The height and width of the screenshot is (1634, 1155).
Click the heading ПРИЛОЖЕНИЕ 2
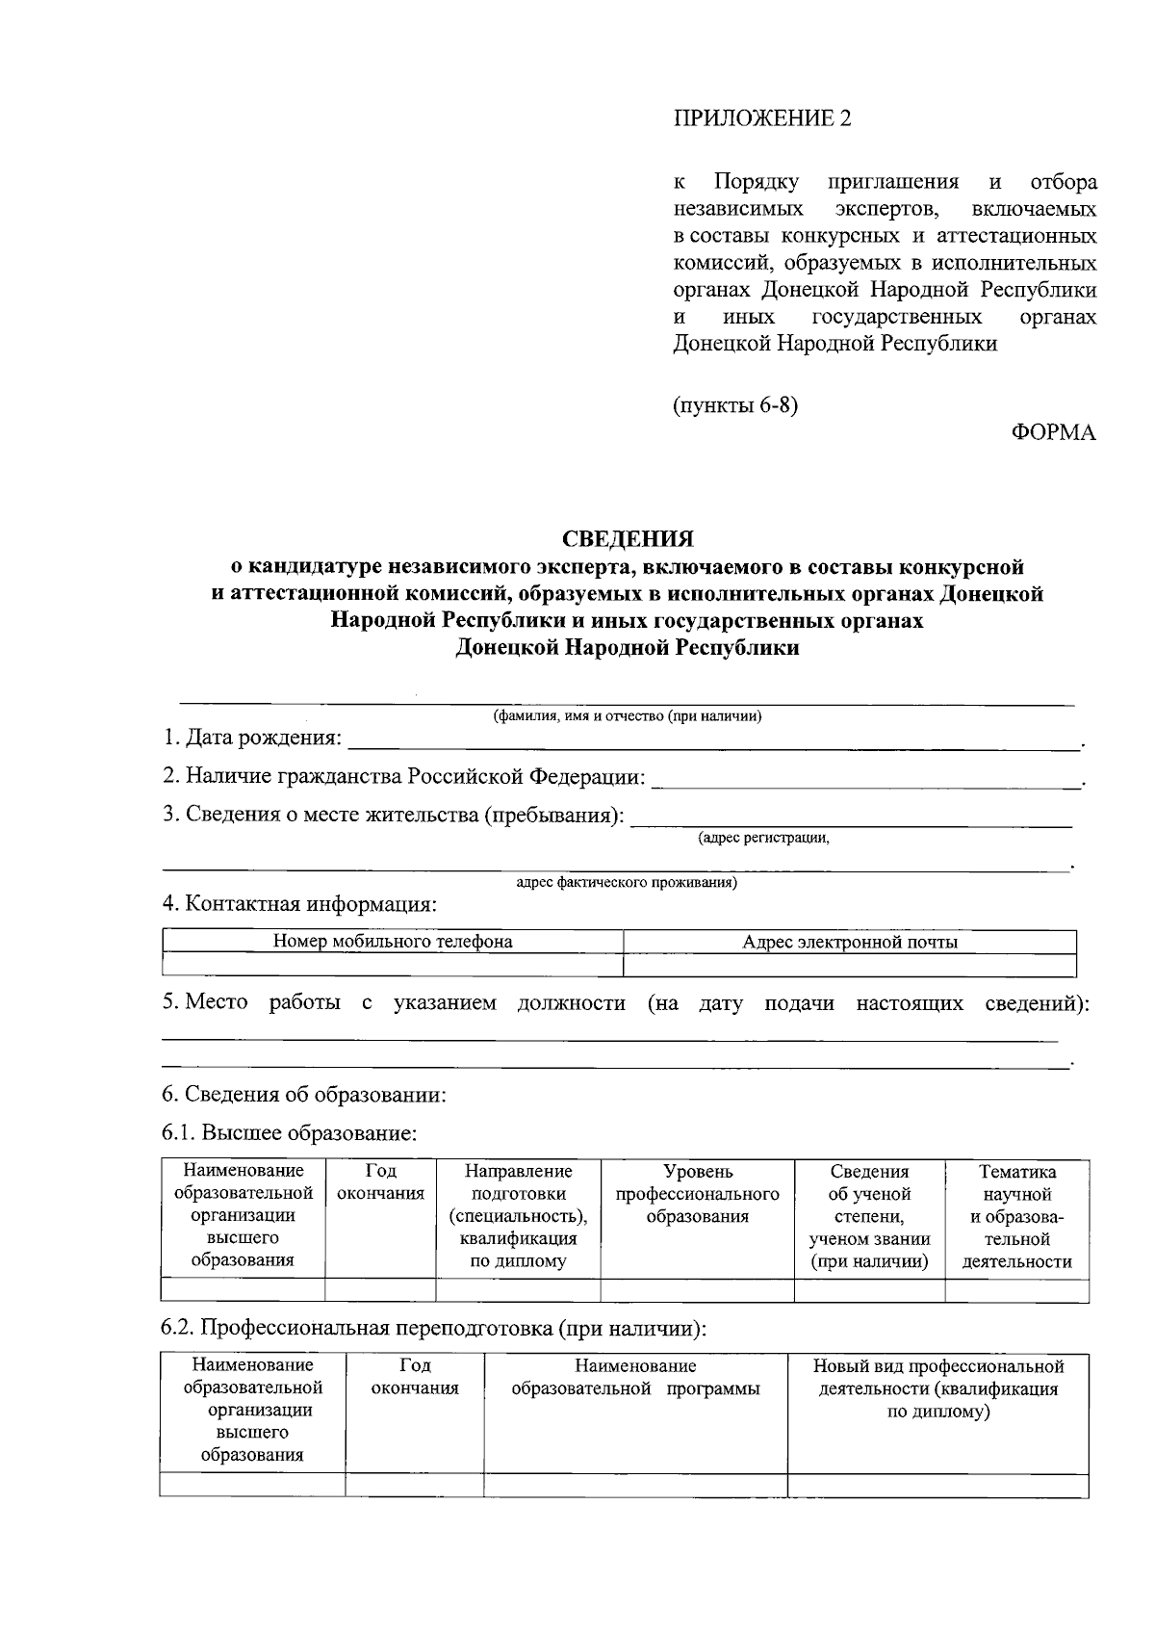pyautogui.click(x=761, y=118)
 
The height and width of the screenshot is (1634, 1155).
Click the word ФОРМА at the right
pyautogui.click(x=1053, y=432)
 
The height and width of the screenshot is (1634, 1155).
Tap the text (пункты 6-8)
pyautogui.click(x=735, y=404)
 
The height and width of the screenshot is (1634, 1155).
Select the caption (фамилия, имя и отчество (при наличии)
pyautogui.click(x=628, y=716)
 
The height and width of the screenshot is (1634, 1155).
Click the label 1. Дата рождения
pyautogui.click(x=252, y=739)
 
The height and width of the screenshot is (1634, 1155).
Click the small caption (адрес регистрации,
pyautogui.click(x=763, y=838)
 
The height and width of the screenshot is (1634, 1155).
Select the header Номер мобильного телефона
pyautogui.click(x=393, y=942)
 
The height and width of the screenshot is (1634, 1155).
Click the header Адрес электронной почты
pyautogui.click(x=850, y=942)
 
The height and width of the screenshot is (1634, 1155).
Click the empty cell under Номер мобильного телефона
pyautogui.click(x=393, y=965)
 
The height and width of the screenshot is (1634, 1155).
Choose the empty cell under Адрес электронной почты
pyautogui.click(x=850, y=965)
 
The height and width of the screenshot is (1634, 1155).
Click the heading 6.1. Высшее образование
pyautogui.click(x=289, y=1133)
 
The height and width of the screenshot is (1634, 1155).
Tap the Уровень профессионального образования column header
pyautogui.click(x=697, y=1194)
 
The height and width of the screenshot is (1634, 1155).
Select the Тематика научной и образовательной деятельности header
pyautogui.click(x=1016, y=1216)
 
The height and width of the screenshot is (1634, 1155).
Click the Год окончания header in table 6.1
pyautogui.click(x=381, y=1182)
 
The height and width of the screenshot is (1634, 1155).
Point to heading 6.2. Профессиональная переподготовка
pyautogui.click(x=433, y=1329)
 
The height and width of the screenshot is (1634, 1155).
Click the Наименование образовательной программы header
pyautogui.click(x=635, y=1378)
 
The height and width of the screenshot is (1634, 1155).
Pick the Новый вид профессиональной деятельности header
pyautogui.click(x=937, y=1388)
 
